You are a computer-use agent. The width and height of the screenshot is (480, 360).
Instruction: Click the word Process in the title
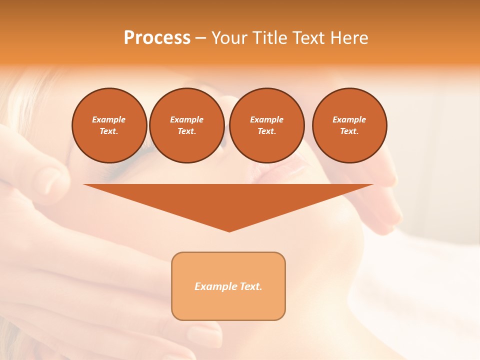click(157, 38)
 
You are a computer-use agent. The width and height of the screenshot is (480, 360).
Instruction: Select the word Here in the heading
click(349, 38)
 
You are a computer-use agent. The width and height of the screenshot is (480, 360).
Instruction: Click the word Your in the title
click(229, 38)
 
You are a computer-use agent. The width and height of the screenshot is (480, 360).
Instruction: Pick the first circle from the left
click(109, 125)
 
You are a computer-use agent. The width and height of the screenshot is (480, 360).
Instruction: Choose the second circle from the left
click(187, 125)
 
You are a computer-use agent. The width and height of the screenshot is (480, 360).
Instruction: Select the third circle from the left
click(267, 125)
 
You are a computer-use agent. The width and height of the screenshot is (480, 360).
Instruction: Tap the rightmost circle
click(349, 125)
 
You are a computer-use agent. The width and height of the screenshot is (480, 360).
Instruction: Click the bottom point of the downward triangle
click(229, 231)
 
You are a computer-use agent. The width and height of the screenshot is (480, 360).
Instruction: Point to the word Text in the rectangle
click(249, 286)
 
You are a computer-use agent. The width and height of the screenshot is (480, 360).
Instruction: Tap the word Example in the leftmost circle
click(109, 119)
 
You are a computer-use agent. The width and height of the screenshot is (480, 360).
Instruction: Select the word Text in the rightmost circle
click(349, 131)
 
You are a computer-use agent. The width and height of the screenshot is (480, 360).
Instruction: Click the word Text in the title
click(308, 38)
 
